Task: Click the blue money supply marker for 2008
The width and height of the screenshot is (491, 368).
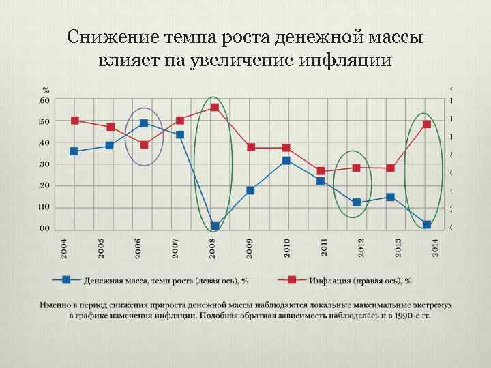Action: [x=215, y=226]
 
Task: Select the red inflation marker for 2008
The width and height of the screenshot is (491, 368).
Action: [x=215, y=108]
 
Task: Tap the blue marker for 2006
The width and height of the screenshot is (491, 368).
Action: [x=144, y=123]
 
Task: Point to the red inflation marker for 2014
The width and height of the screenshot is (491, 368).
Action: [x=427, y=124]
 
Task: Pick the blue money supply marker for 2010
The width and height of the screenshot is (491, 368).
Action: [x=286, y=161]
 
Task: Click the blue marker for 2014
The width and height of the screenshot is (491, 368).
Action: [x=427, y=225]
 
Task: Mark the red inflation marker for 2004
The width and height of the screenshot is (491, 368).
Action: [x=74, y=121]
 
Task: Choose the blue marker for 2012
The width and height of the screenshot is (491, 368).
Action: [x=356, y=202]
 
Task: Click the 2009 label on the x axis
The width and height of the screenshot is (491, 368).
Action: [x=250, y=248]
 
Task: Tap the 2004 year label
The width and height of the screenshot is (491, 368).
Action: [x=63, y=248]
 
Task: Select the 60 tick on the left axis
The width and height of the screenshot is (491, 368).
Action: [x=44, y=100]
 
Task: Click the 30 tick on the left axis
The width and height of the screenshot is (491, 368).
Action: [x=44, y=164]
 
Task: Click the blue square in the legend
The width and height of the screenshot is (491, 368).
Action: [x=67, y=279]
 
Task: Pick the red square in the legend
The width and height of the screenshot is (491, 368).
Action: [x=291, y=279]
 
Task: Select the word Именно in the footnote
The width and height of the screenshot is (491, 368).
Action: [x=57, y=305]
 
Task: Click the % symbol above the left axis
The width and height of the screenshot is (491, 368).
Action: [x=46, y=90]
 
